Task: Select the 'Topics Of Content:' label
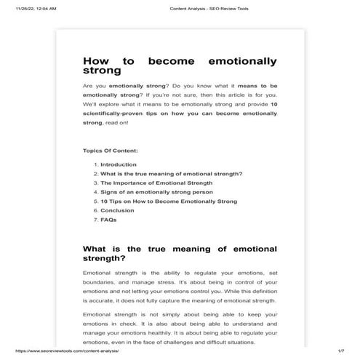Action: click(x=111, y=151)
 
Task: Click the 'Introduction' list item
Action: click(x=119, y=164)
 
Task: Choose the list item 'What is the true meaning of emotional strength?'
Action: click(x=171, y=174)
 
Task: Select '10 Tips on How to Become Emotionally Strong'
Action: click(x=169, y=201)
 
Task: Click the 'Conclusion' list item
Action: click(x=117, y=210)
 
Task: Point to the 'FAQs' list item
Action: click(x=108, y=219)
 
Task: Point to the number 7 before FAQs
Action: click(x=95, y=219)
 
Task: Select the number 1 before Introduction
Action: click(x=95, y=164)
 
